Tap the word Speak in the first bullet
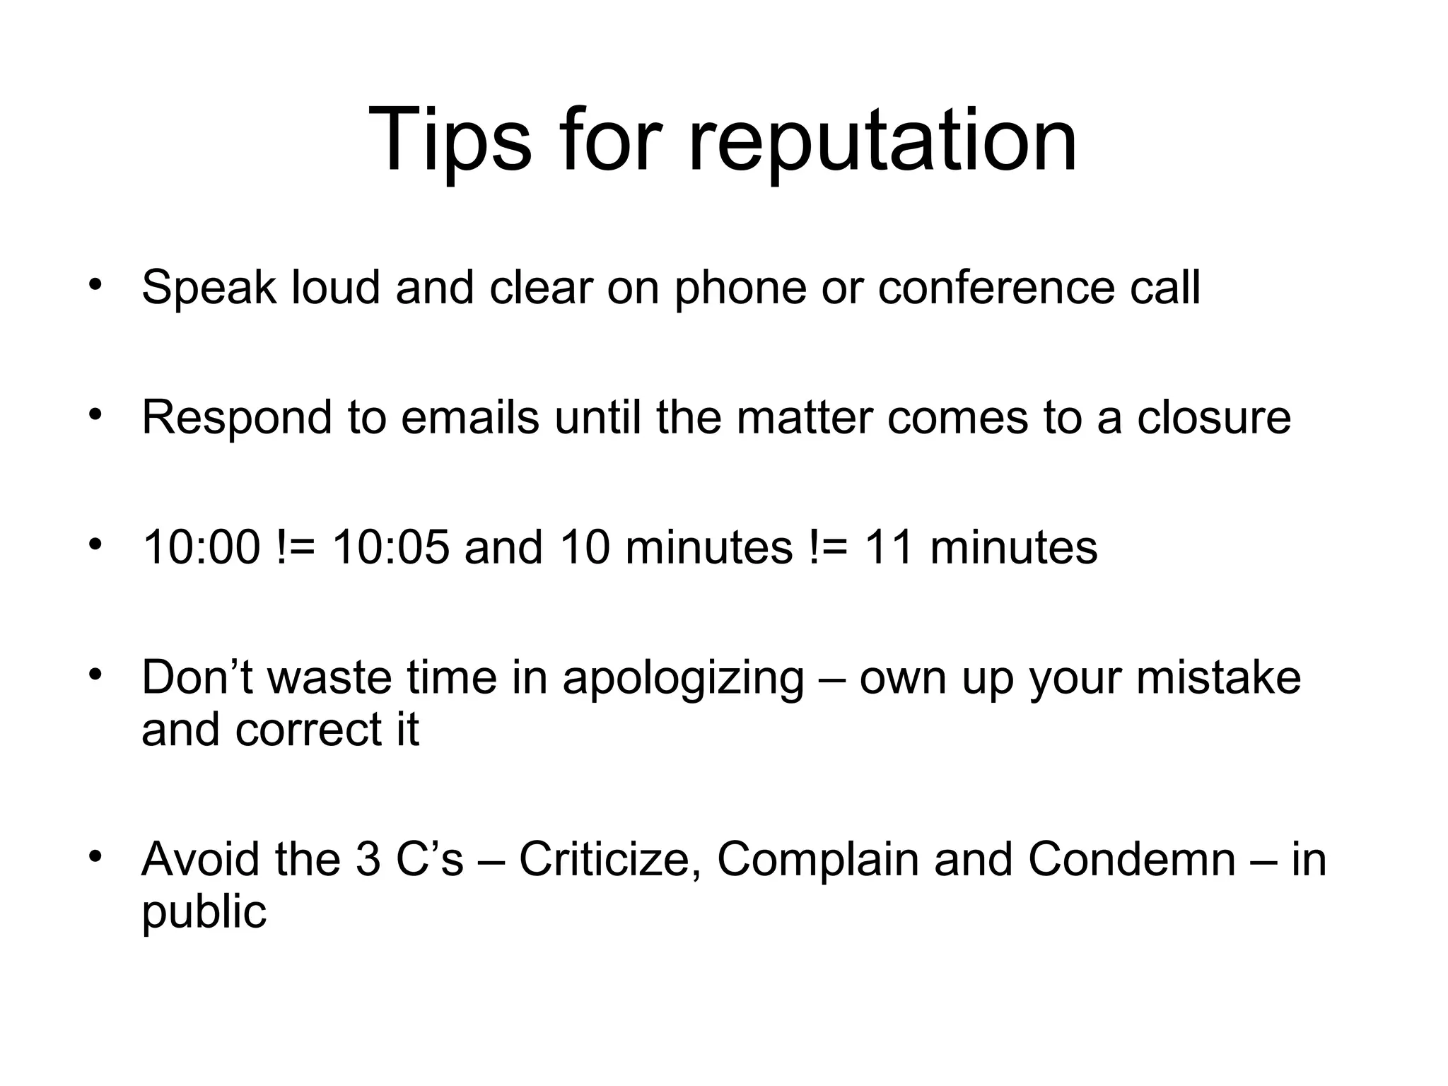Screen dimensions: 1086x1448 click(209, 288)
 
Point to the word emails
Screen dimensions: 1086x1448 click(470, 417)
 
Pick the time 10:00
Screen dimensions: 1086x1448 click(202, 547)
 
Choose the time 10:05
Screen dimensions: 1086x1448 click(390, 547)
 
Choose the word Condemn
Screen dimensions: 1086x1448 click(1132, 860)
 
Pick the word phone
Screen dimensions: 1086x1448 click(740, 288)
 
